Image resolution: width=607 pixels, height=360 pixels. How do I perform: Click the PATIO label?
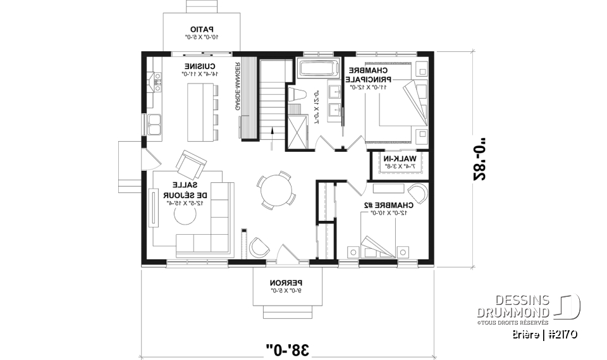point(202,29)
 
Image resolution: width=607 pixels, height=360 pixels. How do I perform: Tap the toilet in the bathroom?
point(299,95)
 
